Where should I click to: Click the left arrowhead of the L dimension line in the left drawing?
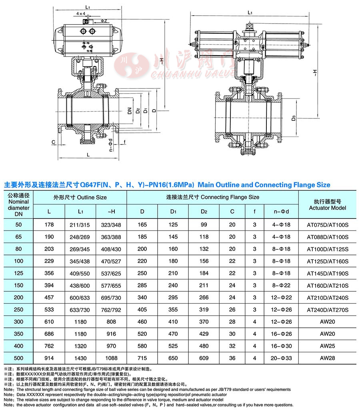click(x=60, y=158)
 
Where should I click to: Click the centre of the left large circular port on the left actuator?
click(x=83, y=32)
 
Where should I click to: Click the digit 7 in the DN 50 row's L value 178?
click(x=49, y=225)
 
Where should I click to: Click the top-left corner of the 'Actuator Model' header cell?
click(x=299, y=190)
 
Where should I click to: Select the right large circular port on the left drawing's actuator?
click(x=92, y=32)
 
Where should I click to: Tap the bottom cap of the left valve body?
click(x=88, y=141)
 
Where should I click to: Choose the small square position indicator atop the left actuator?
click(x=86, y=21)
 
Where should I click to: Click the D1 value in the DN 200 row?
click(x=173, y=297)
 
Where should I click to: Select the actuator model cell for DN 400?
click(x=327, y=346)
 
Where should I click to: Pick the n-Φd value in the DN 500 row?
click(x=281, y=358)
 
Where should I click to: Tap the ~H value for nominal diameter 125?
click(x=111, y=273)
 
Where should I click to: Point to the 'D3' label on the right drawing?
click(x=294, y=118)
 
